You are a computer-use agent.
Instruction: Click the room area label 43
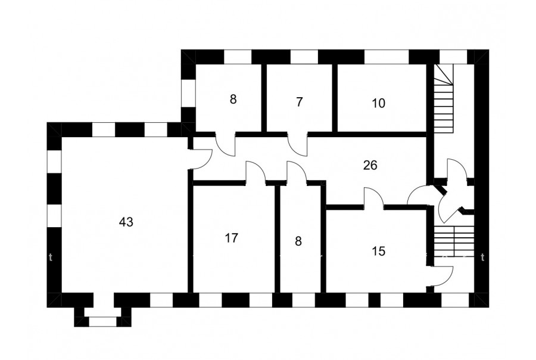(126, 222)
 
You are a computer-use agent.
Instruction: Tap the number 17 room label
(232, 238)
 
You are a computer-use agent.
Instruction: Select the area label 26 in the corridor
(370, 166)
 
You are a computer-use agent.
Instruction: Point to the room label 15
(378, 251)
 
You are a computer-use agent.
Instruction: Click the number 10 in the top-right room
(378, 103)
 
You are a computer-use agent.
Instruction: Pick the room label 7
(299, 102)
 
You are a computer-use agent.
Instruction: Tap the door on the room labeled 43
(201, 157)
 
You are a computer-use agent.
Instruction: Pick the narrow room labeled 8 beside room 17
(299, 241)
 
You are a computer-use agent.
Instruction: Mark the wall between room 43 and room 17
(190, 238)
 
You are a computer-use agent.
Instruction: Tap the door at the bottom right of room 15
(441, 275)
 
